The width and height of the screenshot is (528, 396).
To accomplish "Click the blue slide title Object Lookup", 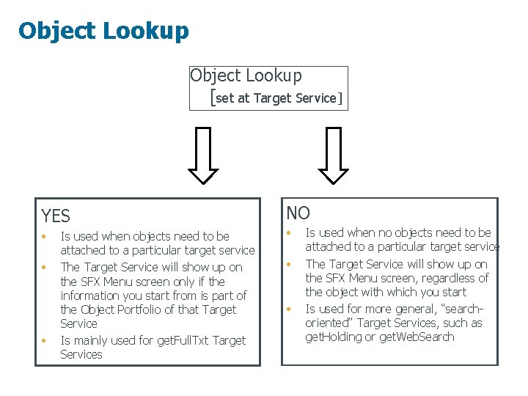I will [x=103, y=31].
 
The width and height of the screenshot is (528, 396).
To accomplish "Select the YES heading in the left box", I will [x=56, y=216].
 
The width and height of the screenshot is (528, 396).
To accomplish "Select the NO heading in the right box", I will [x=298, y=213].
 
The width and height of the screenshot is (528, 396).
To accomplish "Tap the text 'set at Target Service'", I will [x=276, y=98].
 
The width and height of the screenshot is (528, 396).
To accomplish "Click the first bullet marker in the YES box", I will [x=45, y=236].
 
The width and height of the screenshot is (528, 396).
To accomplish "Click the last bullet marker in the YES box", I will [x=45, y=340].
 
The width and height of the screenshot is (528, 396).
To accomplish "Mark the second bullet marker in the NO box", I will [x=289, y=264].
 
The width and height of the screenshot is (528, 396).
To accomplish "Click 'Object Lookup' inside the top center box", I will [x=246, y=76].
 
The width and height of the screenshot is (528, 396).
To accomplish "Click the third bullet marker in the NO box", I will [x=289, y=309].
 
